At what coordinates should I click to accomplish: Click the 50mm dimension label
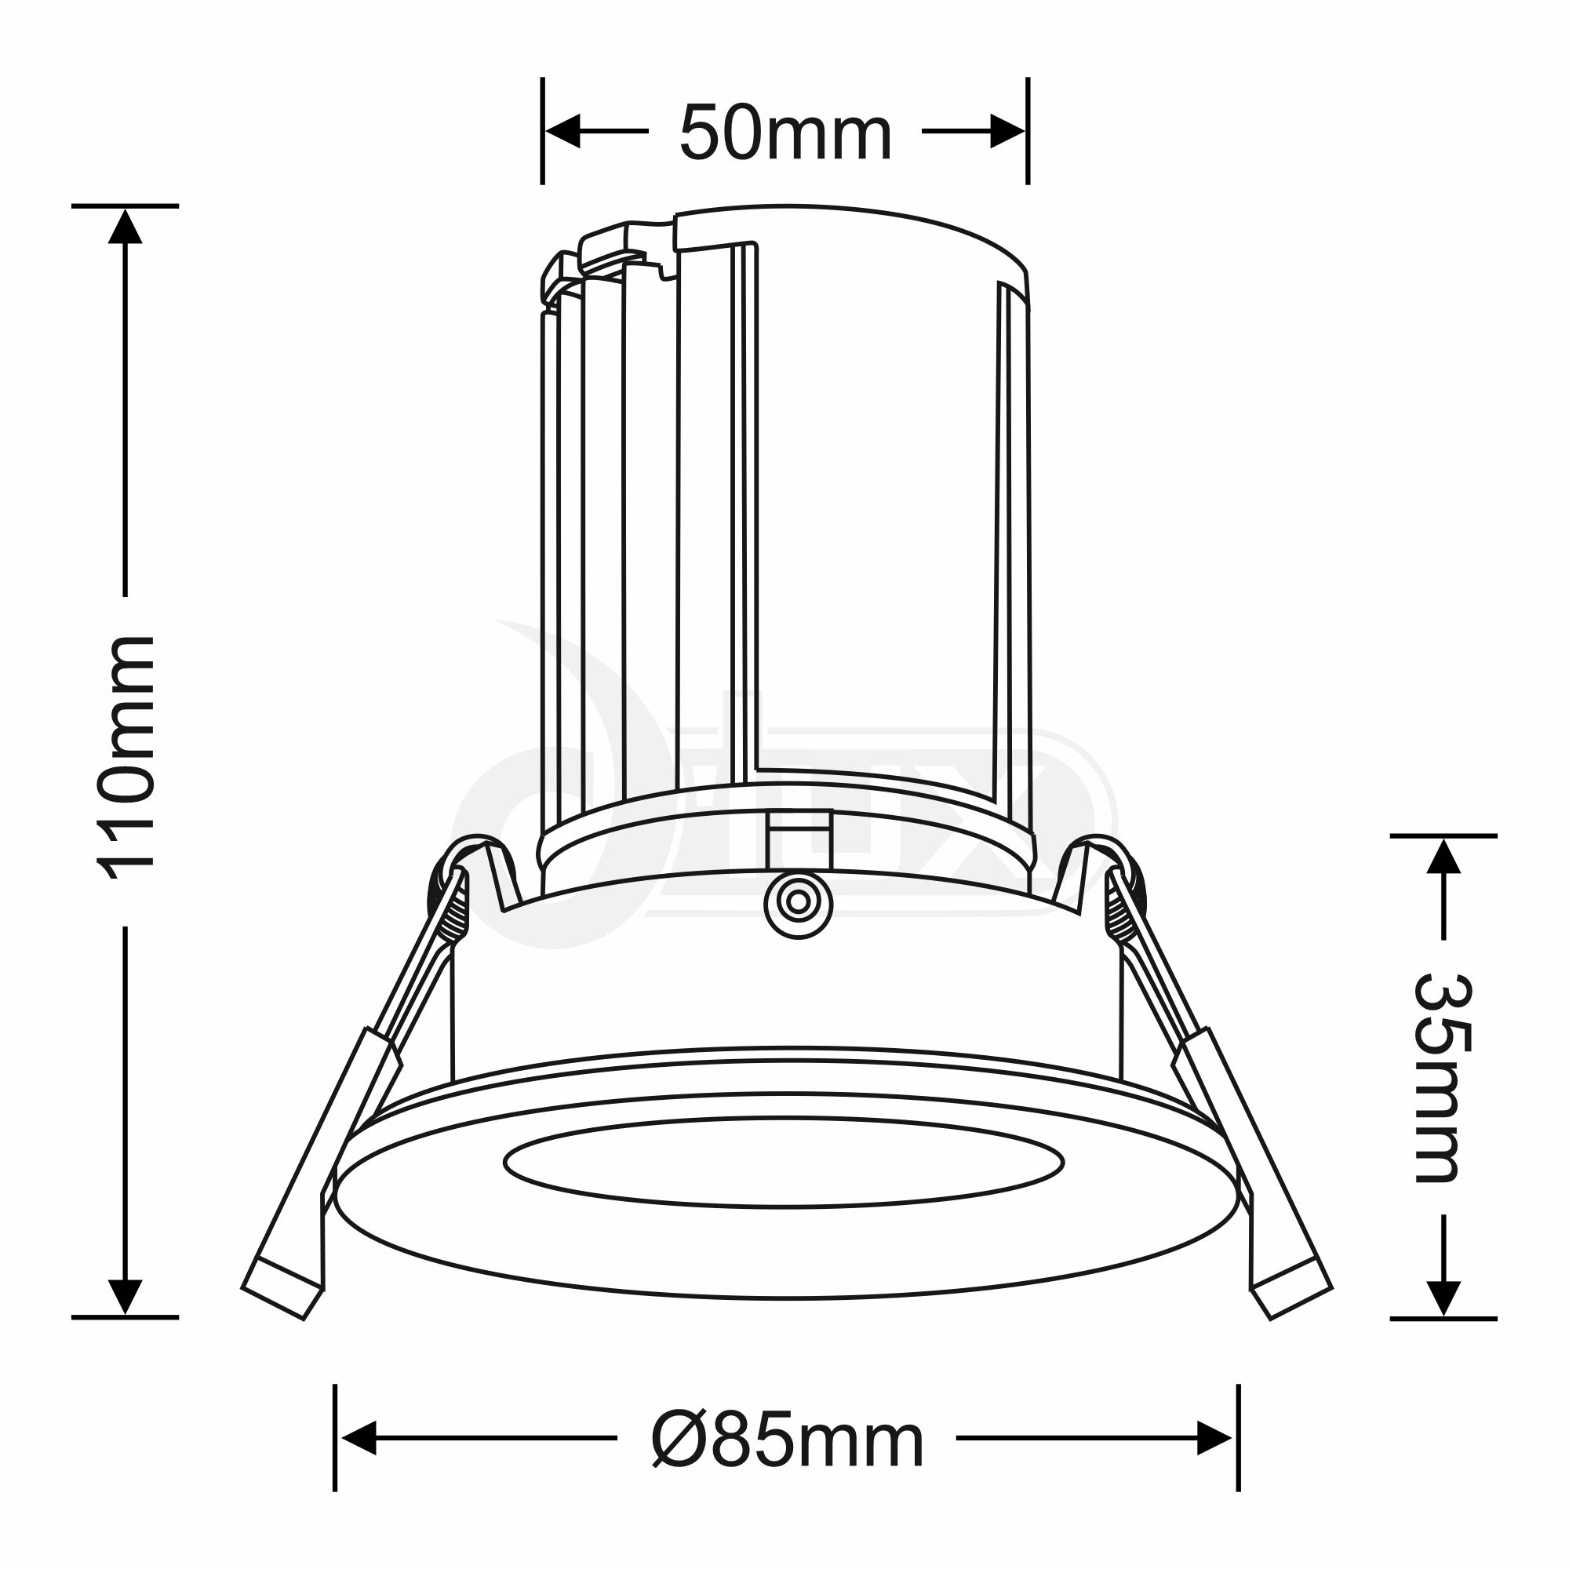pos(785,132)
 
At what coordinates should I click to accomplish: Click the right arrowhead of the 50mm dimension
pos(1008,131)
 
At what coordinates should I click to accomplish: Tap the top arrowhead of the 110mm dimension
pos(125,226)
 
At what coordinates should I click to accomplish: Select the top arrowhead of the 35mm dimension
pos(1444,855)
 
